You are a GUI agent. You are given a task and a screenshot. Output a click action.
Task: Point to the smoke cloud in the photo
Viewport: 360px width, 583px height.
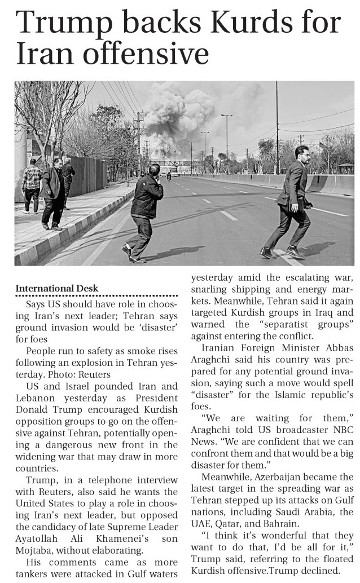pos(178,116)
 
